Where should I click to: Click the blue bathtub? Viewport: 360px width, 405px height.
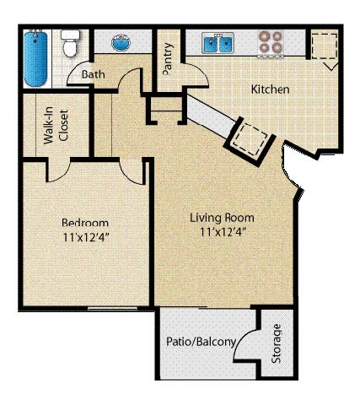click(x=35, y=59)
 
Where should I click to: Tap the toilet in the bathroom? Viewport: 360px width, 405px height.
click(x=70, y=43)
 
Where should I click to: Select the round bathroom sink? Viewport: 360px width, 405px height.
click(x=121, y=42)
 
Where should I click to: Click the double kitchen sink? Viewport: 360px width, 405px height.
click(x=218, y=43)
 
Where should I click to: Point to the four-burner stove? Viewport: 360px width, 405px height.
click(x=271, y=43)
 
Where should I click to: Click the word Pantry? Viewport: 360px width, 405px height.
click(x=168, y=59)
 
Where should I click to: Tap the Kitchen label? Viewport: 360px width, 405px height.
click(x=270, y=89)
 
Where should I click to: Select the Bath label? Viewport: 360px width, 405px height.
click(x=94, y=74)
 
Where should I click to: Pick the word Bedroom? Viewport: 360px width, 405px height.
click(x=85, y=223)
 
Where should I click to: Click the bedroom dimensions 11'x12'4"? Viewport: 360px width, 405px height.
click(x=86, y=238)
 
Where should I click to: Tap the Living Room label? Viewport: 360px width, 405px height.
click(x=223, y=218)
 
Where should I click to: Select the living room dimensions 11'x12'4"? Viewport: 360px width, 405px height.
click(x=223, y=232)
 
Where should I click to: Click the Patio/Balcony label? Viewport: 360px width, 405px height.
click(x=201, y=342)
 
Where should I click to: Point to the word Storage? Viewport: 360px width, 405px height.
click(x=276, y=343)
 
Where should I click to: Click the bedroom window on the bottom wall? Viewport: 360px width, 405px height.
click(x=112, y=309)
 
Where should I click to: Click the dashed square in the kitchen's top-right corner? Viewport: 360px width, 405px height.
click(x=325, y=46)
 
